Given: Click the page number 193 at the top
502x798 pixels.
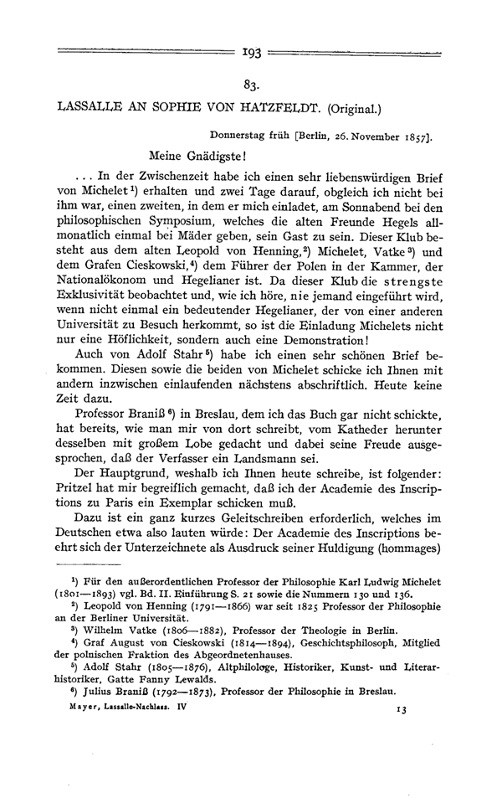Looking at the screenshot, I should tap(250, 53).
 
